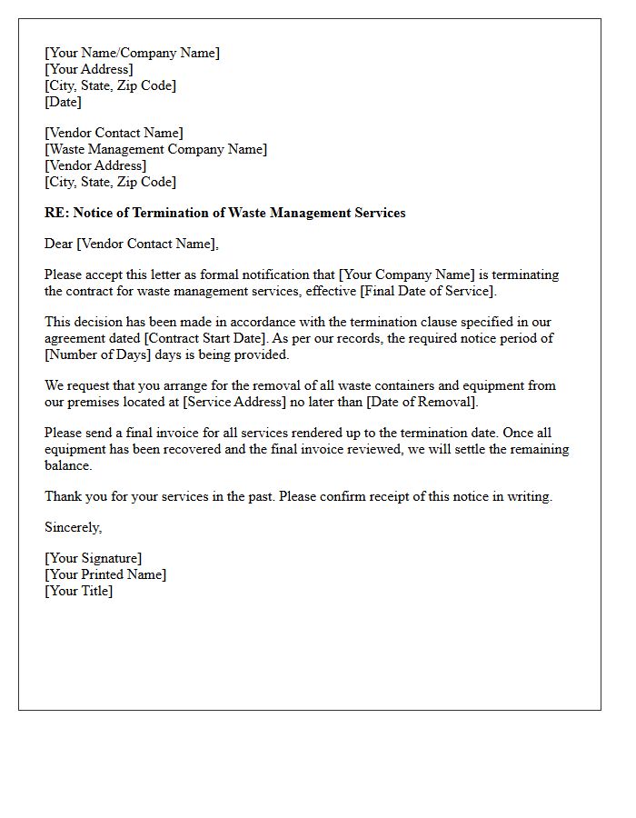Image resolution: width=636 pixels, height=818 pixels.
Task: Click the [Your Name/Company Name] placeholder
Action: click(x=132, y=53)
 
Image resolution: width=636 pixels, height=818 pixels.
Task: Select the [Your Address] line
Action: click(x=88, y=69)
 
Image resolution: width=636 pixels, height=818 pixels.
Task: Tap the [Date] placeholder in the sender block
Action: click(x=63, y=102)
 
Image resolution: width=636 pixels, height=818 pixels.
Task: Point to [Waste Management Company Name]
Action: click(x=155, y=149)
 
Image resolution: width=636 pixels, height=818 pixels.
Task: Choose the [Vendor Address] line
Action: click(x=95, y=165)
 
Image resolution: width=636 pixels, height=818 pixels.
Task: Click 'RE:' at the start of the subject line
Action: click(x=56, y=213)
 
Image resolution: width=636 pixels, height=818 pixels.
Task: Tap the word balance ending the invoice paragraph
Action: click(x=68, y=465)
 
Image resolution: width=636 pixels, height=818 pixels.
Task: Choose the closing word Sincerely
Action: click(x=73, y=527)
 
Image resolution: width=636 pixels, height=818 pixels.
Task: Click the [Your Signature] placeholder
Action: click(x=93, y=558)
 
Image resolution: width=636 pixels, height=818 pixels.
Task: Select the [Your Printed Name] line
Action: click(x=105, y=574)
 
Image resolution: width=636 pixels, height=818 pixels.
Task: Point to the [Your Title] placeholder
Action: click(x=78, y=591)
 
